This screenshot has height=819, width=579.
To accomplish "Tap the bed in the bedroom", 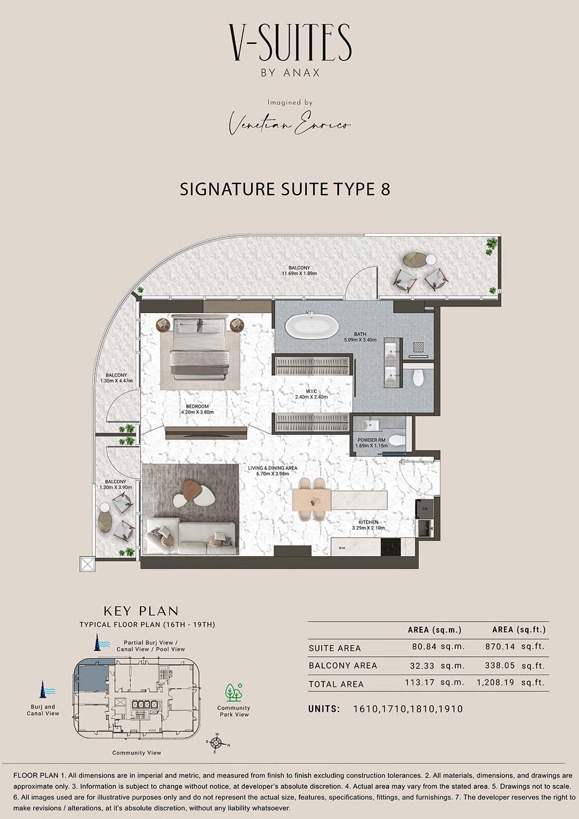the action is tap(201, 347).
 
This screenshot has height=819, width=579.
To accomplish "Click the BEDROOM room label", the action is tap(197, 406).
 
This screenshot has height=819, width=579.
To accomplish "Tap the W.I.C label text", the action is tap(312, 391).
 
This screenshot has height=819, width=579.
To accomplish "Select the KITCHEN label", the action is tap(368, 522).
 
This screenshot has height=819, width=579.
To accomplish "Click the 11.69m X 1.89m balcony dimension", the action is tap(299, 273).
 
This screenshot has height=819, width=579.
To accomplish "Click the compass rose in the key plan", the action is tap(217, 743).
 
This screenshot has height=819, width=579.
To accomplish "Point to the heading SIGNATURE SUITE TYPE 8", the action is tap(285, 189).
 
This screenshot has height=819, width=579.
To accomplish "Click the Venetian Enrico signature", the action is tap(289, 125).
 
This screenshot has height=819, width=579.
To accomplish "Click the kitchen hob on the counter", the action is tap(391, 547).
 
